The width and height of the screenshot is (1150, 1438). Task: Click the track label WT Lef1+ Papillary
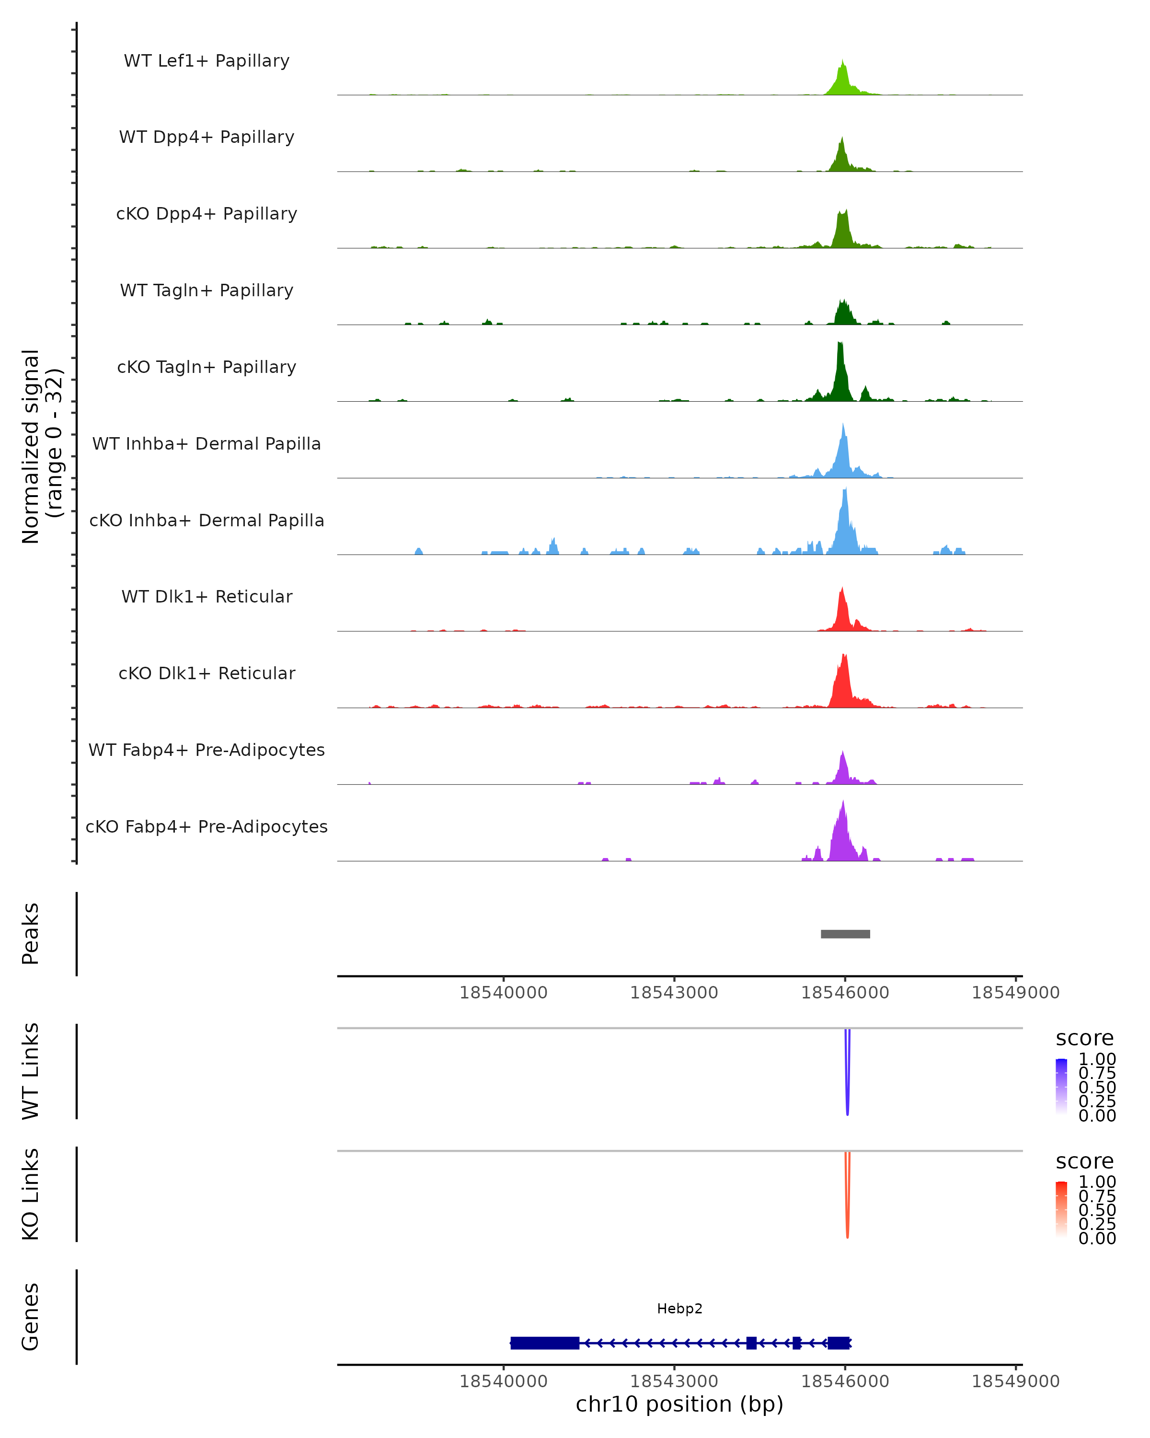(x=207, y=61)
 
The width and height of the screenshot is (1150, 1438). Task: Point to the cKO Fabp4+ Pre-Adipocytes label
(x=207, y=826)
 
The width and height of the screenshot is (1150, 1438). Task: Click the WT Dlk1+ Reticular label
(x=207, y=596)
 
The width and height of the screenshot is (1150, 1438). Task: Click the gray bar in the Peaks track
(x=845, y=934)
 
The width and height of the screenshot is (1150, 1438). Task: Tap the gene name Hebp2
(x=679, y=1309)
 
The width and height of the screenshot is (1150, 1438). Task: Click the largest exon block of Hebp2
(x=545, y=1343)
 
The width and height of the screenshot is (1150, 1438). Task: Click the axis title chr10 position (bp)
(x=679, y=1404)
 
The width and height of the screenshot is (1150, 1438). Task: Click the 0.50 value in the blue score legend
(x=1097, y=1087)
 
